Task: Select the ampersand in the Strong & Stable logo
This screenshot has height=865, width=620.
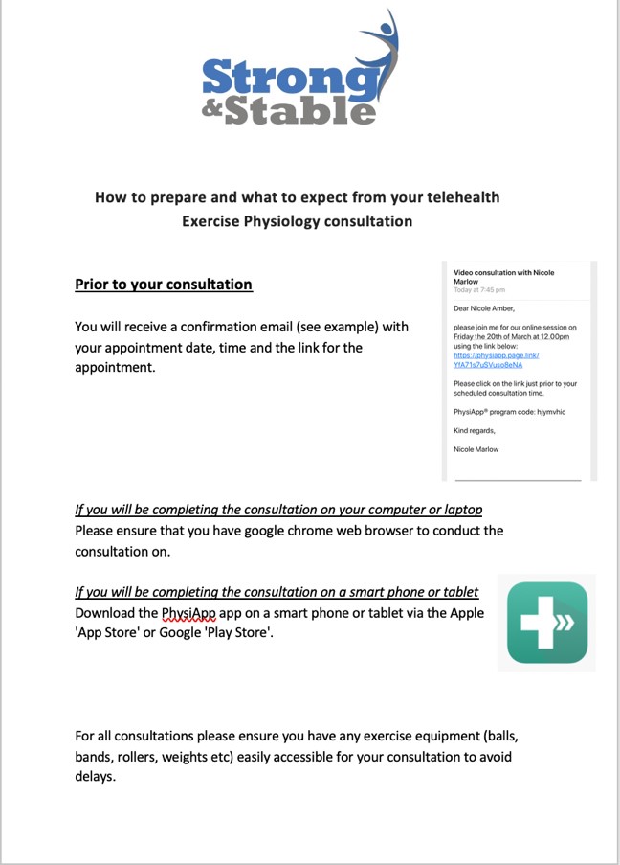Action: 214,108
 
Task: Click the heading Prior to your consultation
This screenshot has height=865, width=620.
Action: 164,285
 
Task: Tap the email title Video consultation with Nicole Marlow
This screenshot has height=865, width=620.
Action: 503,277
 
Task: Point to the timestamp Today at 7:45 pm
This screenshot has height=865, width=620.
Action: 479,290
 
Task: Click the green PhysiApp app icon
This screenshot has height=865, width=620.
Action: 546,623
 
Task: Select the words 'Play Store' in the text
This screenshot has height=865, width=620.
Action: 243,633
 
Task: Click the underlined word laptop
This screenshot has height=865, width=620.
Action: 459,510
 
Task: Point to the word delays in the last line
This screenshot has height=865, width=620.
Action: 95,777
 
